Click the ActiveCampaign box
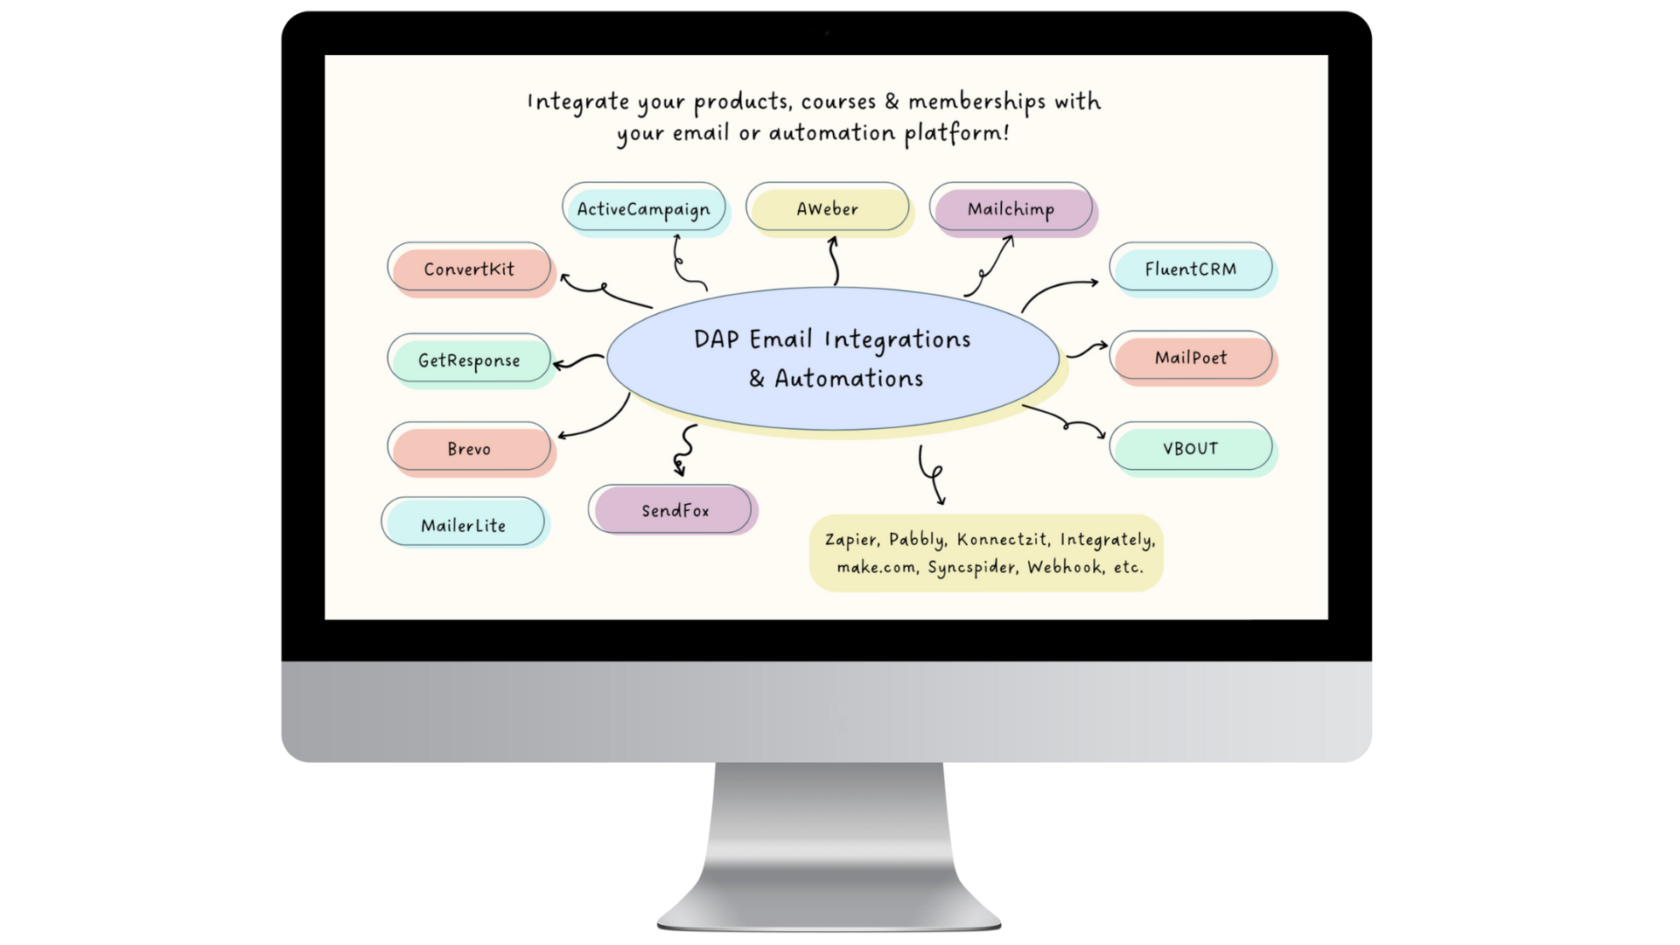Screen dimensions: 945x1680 tap(643, 208)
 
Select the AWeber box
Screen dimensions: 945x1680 tap(827, 208)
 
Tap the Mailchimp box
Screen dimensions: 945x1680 tap(1011, 208)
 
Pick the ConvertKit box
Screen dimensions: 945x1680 tap(469, 269)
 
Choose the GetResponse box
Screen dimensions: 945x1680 tap(469, 360)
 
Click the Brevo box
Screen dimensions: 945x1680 tap(469, 448)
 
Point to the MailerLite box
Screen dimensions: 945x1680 tap(463, 524)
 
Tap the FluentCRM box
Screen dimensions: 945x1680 tap(1190, 269)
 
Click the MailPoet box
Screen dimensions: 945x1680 tap(1190, 357)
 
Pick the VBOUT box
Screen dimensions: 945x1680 tap(1190, 448)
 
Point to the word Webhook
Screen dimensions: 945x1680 tap(1064, 567)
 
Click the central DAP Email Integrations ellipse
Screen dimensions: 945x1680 tap(832, 359)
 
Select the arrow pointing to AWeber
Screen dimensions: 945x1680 tap(834, 261)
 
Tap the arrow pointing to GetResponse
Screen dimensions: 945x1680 tap(577, 360)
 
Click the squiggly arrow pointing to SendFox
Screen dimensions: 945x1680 tap(684, 450)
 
